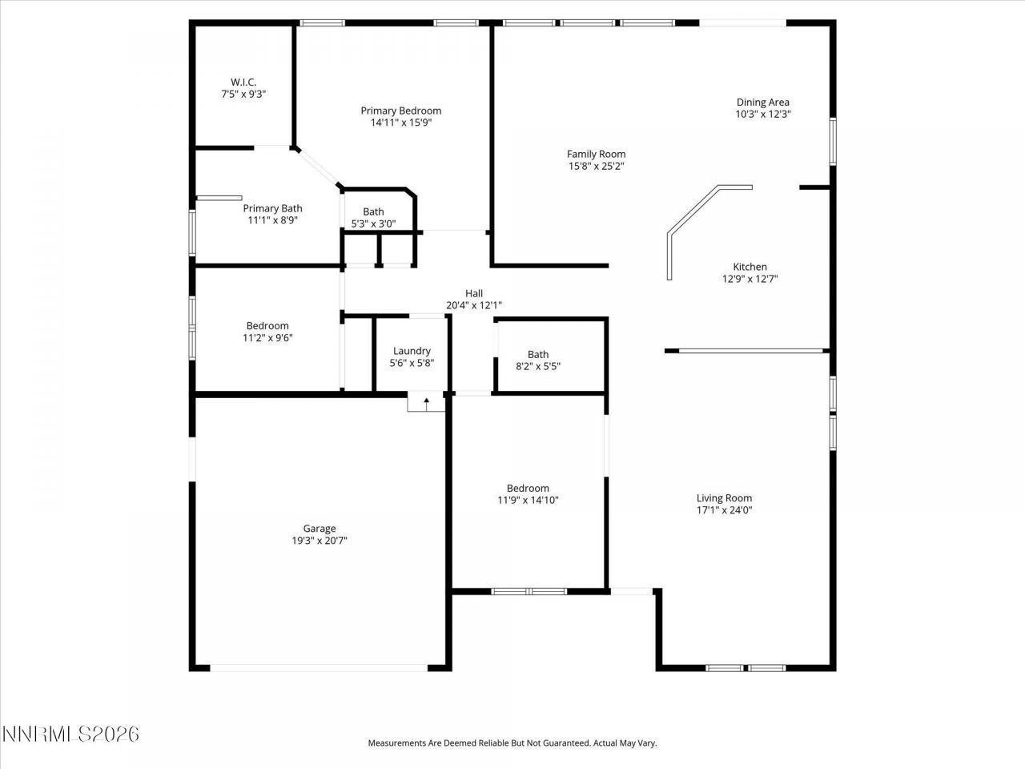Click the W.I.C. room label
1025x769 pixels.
click(x=243, y=82)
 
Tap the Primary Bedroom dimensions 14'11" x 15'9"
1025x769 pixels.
click(x=400, y=123)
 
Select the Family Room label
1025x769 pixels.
click(x=596, y=154)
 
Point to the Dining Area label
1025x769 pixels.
click(x=762, y=102)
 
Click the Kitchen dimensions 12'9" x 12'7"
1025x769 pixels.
click(x=750, y=280)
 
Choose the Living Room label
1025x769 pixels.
click(x=724, y=497)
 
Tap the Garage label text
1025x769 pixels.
click(x=319, y=528)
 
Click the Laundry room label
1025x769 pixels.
click(x=412, y=351)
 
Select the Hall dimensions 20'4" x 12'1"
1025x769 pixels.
click(x=473, y=305)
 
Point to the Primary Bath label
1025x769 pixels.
click(x=272, y=208)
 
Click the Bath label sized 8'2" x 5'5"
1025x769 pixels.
click(x=538, y=354)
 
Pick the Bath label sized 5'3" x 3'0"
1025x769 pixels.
click(x=373, y=212)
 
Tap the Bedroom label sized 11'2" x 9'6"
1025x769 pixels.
click(x=267, y=325)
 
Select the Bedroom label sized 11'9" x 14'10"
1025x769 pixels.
click(x=528, y=488)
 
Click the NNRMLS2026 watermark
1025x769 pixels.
click(x=70, y=734)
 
